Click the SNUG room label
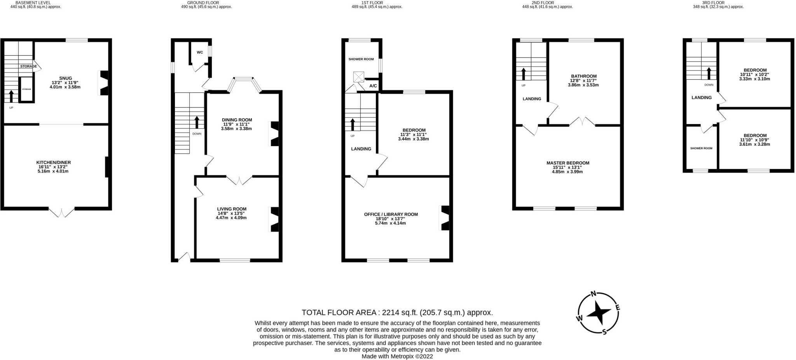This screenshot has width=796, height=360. [x=65, y=78]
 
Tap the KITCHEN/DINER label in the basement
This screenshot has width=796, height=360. [x=54, y=163]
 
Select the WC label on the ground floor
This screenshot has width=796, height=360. [x=200, y=52]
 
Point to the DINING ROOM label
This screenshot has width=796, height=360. [x=237, y=120]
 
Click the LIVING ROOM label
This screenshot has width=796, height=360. [x=232, y=209]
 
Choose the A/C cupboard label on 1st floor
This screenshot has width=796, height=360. [x=373, y=86]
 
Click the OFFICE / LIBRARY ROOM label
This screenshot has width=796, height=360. [x=391, y=214]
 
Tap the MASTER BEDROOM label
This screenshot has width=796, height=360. [x=567, y=163]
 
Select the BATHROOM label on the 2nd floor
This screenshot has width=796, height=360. [x=583, y=76]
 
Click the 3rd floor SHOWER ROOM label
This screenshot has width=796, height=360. [x=701, y=148]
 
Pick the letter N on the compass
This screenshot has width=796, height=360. [x=594, y=294]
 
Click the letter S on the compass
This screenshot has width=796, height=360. [x=604, y=331]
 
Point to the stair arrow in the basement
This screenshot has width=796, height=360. [x=11, y=96]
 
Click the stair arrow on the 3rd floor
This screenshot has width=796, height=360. [x=709, y=73]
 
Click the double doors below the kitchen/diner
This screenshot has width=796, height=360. [x=61, y=212]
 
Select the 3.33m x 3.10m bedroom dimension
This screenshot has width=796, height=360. [x=754, y=79]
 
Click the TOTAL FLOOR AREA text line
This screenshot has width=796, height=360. [x=397, y=313]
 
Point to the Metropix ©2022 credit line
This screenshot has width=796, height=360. [x=397, y=356]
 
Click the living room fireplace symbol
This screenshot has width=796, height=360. [x=274, y=219]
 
